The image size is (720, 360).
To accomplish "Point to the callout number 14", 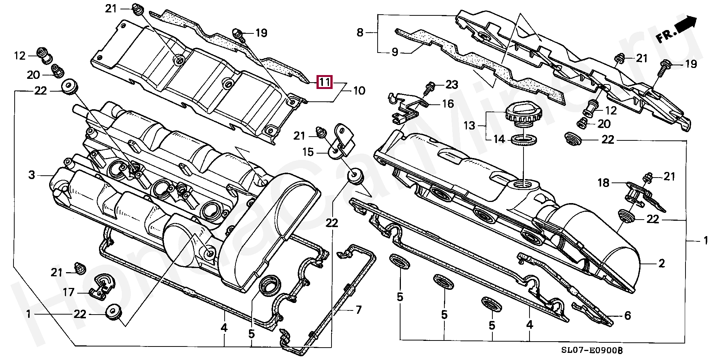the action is coord(499,140).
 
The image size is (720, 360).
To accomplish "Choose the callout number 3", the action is coord(32,175).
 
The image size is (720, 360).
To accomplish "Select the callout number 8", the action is coord(360,33).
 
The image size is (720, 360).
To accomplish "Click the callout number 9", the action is coord(394,52).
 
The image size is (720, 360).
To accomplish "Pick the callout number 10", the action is coord(359,91).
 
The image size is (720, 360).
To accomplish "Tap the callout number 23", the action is coord(451,85).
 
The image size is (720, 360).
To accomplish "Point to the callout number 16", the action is coord(448,104).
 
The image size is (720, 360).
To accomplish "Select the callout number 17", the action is coord(68,292).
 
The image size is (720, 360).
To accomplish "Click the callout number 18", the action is coord(604,183).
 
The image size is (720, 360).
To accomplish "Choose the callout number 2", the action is coord(661,264).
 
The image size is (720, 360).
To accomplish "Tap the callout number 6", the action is coord(627,316).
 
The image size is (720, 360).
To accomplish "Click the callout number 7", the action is coord(358,310).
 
